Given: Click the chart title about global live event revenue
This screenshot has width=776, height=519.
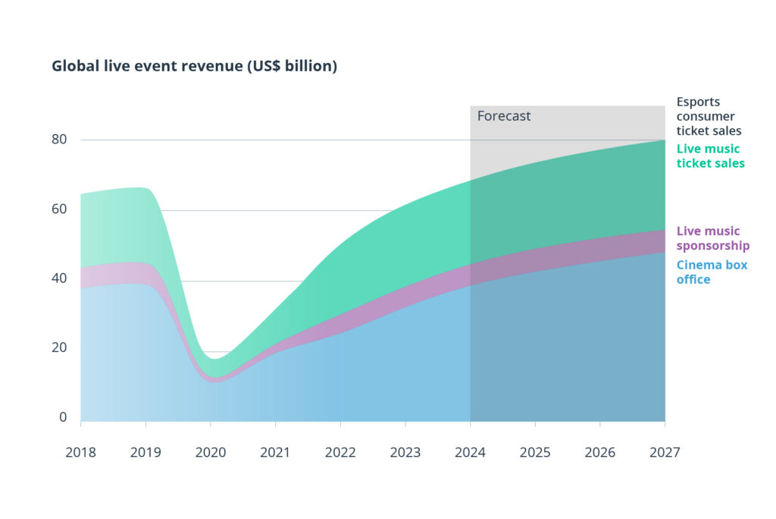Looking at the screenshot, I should coord(194,66).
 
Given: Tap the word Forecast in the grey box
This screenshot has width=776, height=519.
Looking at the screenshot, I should coord(503,116).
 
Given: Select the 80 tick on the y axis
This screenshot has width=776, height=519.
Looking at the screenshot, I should coord(59,140).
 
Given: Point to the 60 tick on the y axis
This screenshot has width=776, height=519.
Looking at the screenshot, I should coord(59,209).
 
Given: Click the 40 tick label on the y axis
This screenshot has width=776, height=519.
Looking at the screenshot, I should coord(59,278).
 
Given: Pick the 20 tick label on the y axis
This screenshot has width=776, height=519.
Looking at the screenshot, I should coord(59,348).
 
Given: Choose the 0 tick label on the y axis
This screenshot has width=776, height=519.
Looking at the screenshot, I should coord(63,417).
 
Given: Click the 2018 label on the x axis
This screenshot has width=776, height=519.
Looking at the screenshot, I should coord(80,452).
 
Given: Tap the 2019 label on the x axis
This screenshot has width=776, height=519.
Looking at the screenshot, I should coord(145,452).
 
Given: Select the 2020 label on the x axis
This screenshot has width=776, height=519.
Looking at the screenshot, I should coord(211,452).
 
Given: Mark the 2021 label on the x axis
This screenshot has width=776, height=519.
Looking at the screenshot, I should coord(275,452).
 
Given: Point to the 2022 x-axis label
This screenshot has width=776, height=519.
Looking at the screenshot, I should coord(340,452).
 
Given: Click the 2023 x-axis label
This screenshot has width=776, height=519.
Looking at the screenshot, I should coord(405,452).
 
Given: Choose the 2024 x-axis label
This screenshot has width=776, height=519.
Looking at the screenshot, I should coord(470,452).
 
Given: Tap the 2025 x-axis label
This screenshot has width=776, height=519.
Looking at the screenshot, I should coord(535,452).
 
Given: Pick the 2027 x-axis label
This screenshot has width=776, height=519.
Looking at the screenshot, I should coord(665,452).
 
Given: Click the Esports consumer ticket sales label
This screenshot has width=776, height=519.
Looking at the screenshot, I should coord(709,116).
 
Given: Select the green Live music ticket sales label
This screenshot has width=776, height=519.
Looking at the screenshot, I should coord(710,156).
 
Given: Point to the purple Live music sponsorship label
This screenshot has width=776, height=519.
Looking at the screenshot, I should coord(712,238).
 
